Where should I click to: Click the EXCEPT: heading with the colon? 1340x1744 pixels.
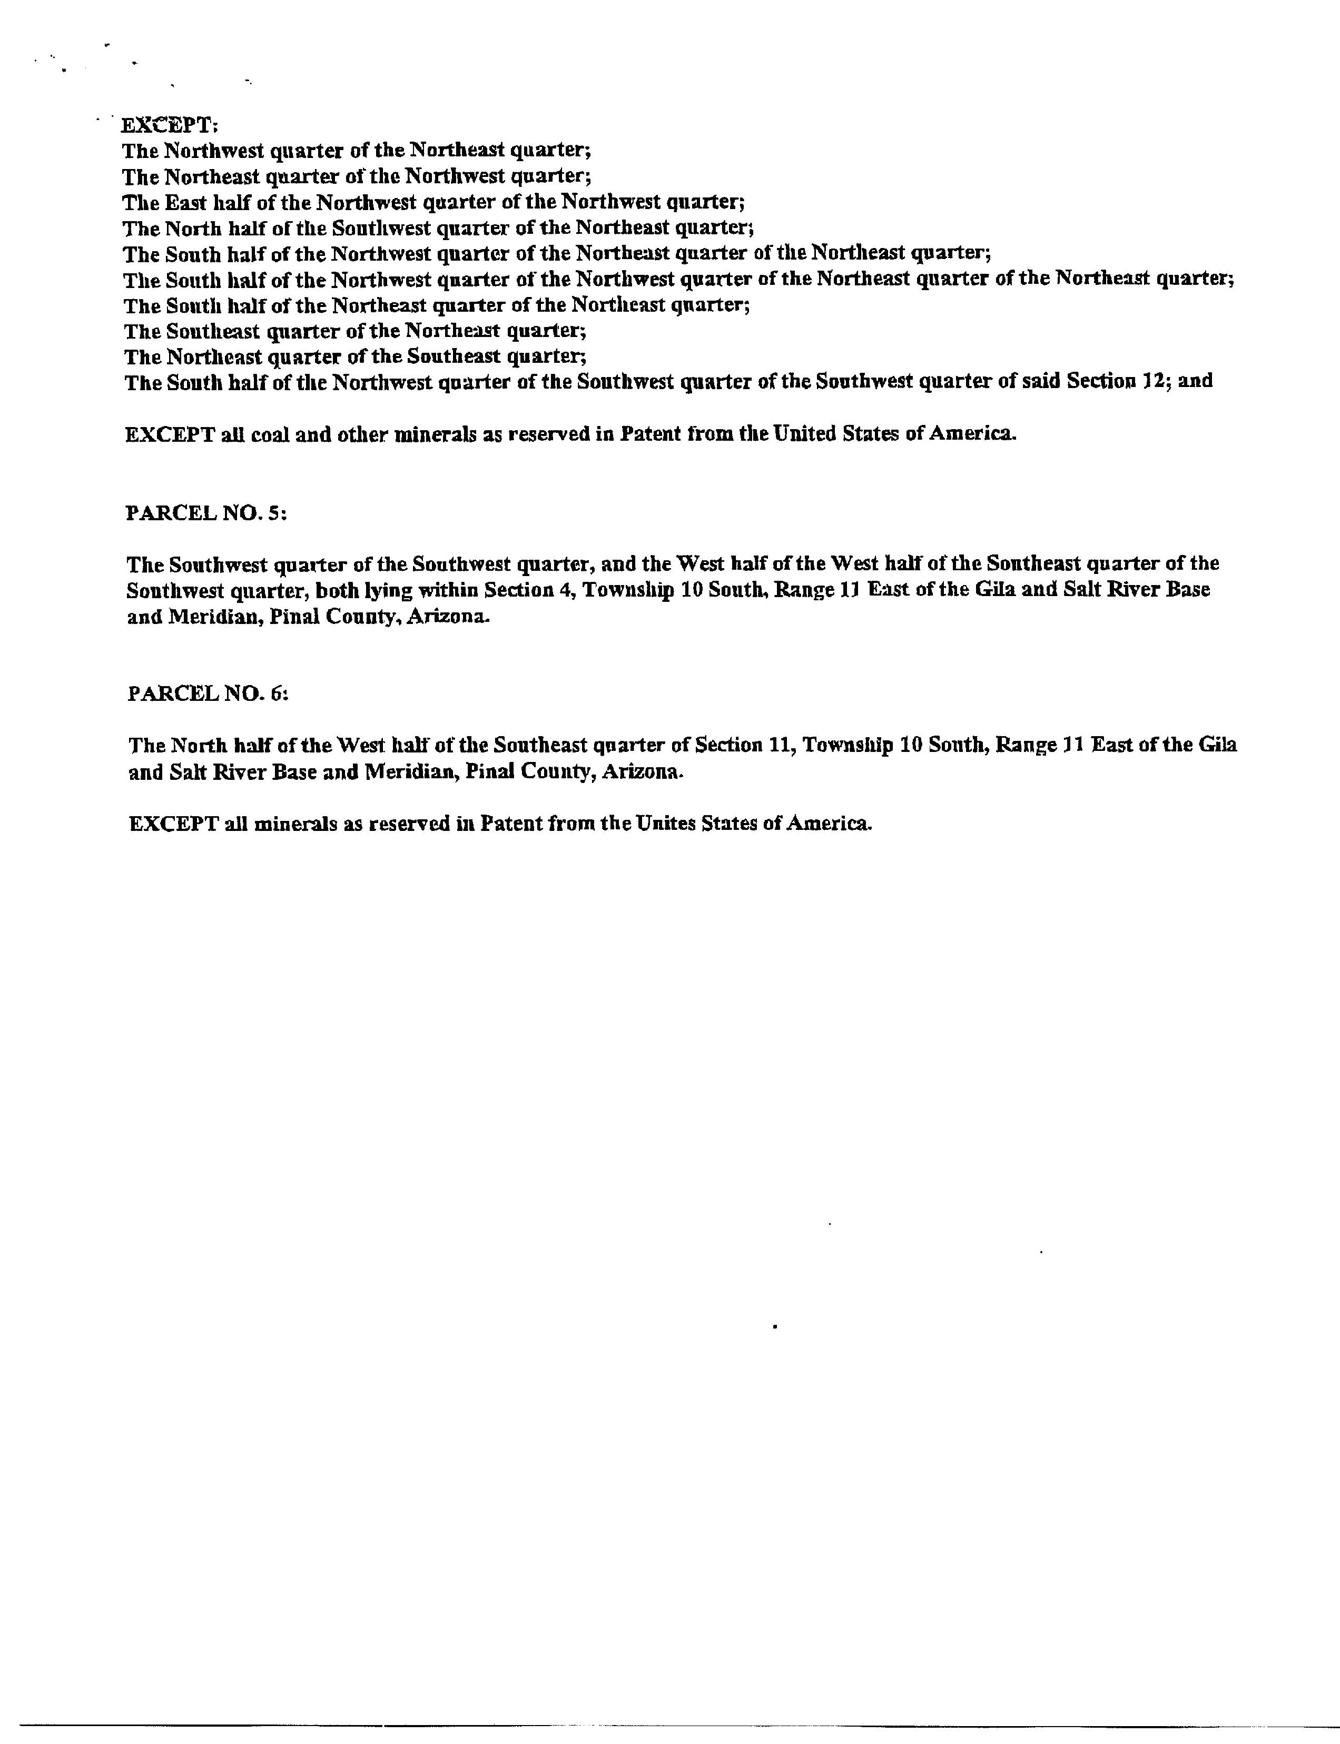coord(169,125)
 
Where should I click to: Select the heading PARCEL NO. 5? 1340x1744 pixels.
coord(206,513)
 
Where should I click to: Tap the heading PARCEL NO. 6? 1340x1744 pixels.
coord(208,694)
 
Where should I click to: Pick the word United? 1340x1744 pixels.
coord(807,434)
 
